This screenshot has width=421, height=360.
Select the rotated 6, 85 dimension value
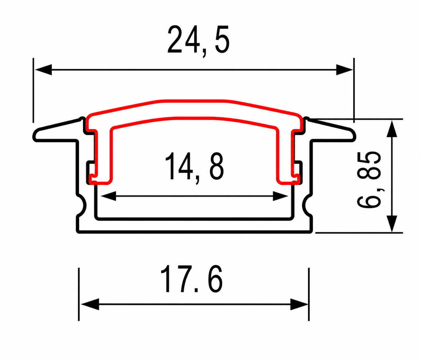pyautogui.click(x=369, y=179)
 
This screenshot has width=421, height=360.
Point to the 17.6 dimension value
pyautogui.click(x=191, y=279)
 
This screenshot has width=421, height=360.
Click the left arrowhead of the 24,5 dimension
pyautogui.click(x=43, y=70)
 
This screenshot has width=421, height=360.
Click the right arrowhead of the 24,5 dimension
pyautogui.click(x=345, y=70)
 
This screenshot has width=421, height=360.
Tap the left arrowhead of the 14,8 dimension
pyautogui.click(x=108, y=196)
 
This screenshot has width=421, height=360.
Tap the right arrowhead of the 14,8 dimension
pyautogui.click(x=281, y=196)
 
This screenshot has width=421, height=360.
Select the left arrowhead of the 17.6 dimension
pyautogui.click(x=90, y=304)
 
